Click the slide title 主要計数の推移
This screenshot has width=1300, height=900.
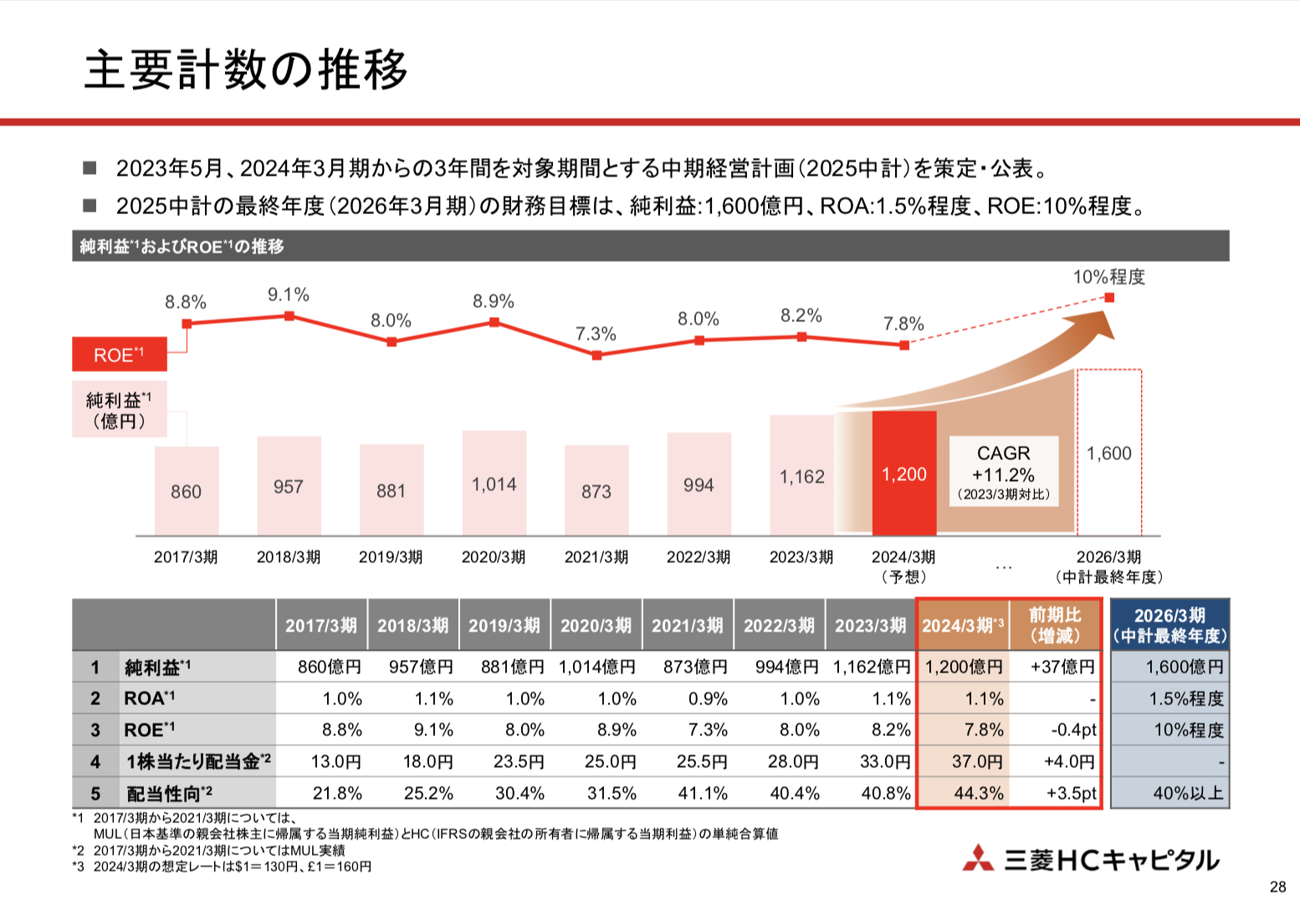[246, 69]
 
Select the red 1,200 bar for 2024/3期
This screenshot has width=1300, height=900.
[904, 473]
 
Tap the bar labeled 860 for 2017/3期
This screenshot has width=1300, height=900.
[187, 491]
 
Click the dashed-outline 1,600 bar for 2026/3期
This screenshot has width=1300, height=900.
[1109, 453]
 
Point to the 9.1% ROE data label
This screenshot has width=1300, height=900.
[289, 294]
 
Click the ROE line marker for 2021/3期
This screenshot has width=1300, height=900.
[596, 355]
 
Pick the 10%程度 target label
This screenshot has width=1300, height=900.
[1109, 277]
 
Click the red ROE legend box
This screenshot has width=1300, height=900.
[119, 355]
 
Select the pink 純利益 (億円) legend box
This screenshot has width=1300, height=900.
[119, 410]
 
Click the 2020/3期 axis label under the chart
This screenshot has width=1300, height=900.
[494, 557]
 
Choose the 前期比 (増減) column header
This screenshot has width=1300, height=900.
[1056, 625]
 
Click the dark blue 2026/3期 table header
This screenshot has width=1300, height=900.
[1169, 625]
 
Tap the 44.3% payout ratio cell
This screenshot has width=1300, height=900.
[979, 793]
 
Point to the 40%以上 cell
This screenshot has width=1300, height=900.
[1188, 793]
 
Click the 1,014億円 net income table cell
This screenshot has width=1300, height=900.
[597, 667]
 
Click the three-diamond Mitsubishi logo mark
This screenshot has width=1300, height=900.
[978, 859]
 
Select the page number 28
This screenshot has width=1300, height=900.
[1277, 887]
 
